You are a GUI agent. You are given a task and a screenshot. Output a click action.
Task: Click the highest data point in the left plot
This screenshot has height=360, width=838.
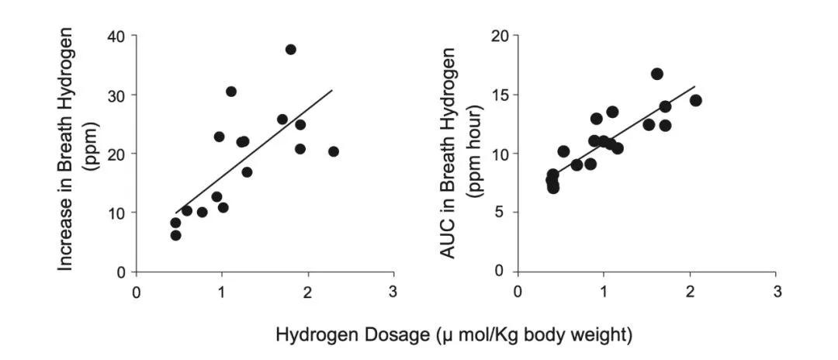(x=291, y=50)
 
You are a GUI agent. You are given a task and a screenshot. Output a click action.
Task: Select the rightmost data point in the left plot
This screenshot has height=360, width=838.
(x=334, y=151)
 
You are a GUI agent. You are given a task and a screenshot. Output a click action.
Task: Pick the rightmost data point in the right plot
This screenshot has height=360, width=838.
(x=695, y=100)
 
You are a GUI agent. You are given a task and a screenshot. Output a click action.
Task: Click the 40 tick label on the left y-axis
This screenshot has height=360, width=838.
(x=118, y=36)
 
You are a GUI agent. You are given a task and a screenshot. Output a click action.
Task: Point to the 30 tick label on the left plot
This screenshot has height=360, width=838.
(x=118, y=95)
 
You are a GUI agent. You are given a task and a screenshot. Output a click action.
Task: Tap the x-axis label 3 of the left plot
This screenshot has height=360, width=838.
(x=393, y=293)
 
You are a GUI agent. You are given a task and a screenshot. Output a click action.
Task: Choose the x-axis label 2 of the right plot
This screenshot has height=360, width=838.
(x=690, y=293)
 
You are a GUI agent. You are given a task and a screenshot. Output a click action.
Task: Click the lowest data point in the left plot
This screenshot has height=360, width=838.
(x=175, y=235)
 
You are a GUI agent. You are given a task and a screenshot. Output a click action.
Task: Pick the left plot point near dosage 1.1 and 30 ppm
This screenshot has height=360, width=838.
(x=231, y=92)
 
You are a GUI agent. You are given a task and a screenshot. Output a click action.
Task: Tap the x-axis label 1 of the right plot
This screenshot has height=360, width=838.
(x=604, y=293)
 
